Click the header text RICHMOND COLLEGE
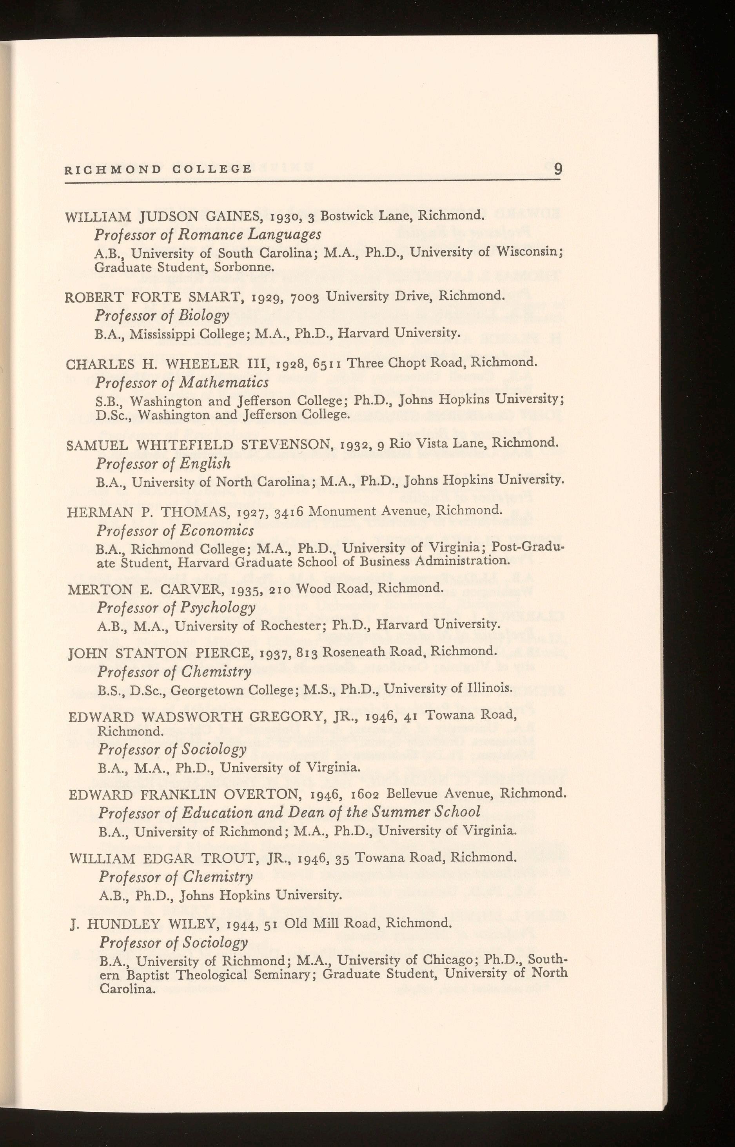pyautogui.click(x=158, y=169)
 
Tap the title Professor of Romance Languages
pyautogui.click(x=208, y=235)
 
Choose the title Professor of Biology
pyautogui.click(x=162, y=316)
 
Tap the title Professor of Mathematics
pyautogui.click(x=182, y=383)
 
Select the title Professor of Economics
pyautogui.click(x=175, y=531)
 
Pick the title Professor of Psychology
pyautogui.click(x=176, y=608)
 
